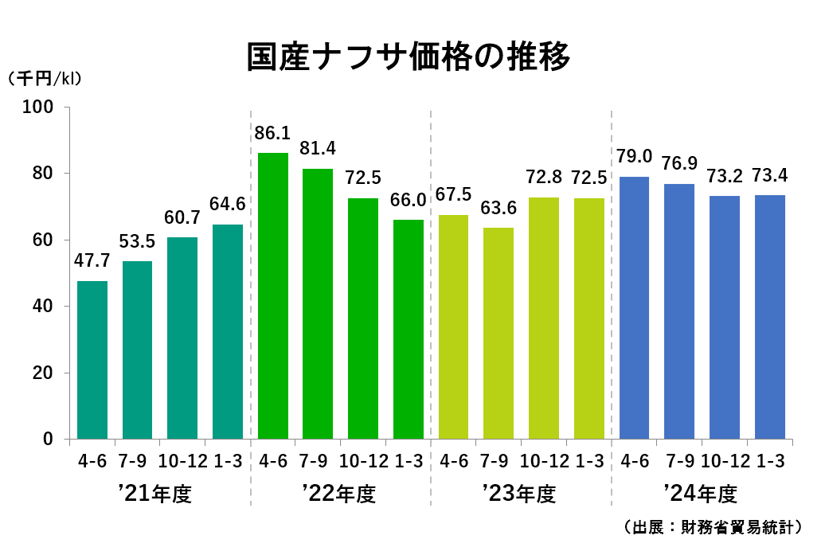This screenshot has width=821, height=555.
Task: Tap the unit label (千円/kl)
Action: pyautogui.click(x=45, y=79)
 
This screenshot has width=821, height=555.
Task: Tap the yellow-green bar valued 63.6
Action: pyautogui.click(x=498, y=334)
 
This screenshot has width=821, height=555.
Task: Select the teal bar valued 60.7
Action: pyautogui.click(x=182, y=338)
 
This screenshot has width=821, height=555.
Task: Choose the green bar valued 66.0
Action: pyautogui.click(x=409, y=330)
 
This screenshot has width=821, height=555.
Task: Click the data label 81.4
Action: pyautogui.click(x=318, y=148)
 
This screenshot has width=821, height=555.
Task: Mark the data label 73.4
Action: pyautogui.click(x=770, y=174)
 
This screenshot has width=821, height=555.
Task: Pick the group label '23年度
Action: pyautogui.click(x=518, y=494)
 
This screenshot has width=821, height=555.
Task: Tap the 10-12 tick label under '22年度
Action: pyautogui.click(x=363, y=461)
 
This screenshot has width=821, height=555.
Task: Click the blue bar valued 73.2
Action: pyautogui.click(x=725, y=318)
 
